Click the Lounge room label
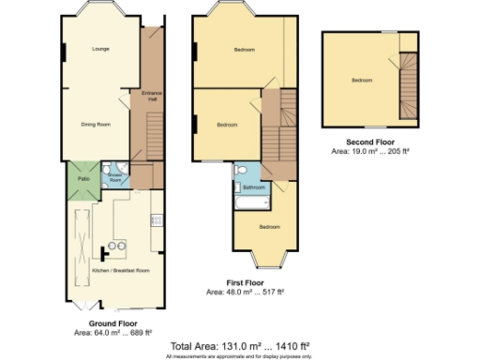tap(99, 49)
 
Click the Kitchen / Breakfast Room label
tap(120, 270)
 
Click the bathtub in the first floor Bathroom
tap(253, 201)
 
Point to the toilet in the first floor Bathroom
tap(240, 170)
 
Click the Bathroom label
tap(253, 187)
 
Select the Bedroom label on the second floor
tap(362, 81)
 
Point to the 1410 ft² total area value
tap(310, 344)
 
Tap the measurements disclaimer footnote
tap(240, 355)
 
